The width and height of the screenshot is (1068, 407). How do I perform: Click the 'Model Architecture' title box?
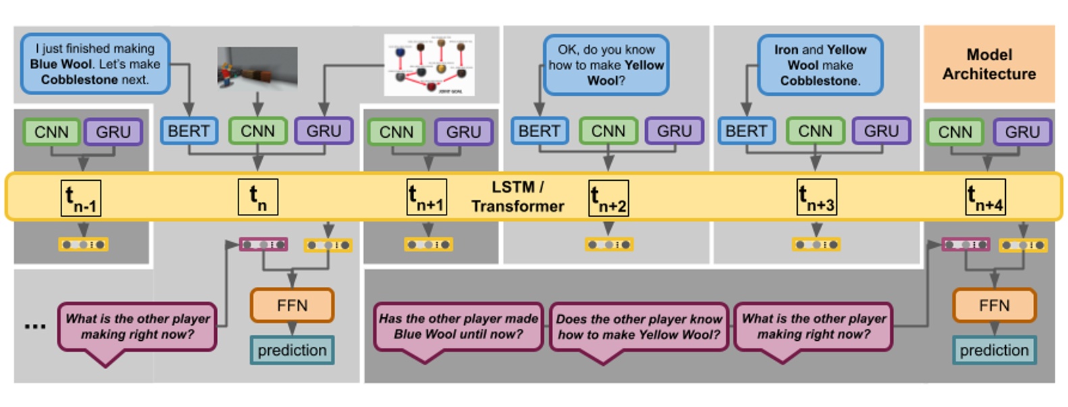(x=989, y=64)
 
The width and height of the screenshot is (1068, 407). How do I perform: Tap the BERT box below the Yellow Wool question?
(x=539, y=131)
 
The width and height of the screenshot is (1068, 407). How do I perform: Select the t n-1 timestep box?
(x=81, y=198)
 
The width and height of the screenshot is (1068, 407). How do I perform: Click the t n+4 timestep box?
(x=986, y=197)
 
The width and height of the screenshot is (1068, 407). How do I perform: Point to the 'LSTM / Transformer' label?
(x=517, y=196)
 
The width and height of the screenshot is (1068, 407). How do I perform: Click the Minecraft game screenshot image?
(x=257, y=67)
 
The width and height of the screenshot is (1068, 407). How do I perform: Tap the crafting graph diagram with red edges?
(x=429, y=65)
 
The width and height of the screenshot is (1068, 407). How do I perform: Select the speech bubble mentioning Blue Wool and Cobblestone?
(x=95, y=64)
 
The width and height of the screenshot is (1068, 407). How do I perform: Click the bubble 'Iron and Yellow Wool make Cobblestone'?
(x=820, y=65)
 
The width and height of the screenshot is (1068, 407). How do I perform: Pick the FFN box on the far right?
(x=994, y=306)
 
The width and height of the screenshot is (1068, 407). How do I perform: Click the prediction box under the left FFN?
(x=292, y=350)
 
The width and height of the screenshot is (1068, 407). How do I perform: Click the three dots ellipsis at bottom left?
(x=35, y=327)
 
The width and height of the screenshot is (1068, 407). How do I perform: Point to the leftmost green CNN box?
(x=51, y=132)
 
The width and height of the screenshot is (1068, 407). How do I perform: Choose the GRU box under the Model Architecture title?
(x=1022, y=132)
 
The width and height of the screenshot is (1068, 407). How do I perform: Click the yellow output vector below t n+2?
(x=609, y=244)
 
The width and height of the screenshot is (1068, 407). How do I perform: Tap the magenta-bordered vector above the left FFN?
(x=263, y=244)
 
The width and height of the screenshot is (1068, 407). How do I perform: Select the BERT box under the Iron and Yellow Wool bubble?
(x=746, y=131)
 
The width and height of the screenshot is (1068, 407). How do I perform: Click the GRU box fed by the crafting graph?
(x=324, y=131)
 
